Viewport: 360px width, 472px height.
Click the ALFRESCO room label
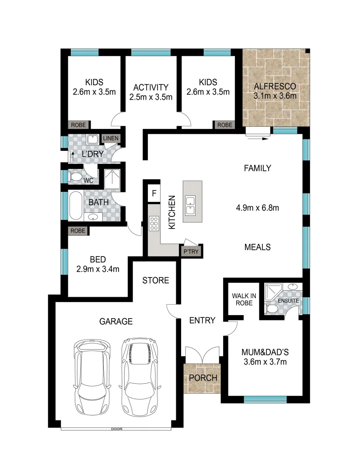(x=275, y=86)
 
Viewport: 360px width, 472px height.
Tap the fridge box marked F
(x=154, y=193)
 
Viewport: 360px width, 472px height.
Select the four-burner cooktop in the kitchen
(x=154, y=223)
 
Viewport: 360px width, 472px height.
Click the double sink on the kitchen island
(x=190, y=206)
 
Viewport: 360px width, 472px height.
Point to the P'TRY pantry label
(x=191, y=251)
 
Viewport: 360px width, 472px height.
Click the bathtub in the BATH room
(x=76, y=206)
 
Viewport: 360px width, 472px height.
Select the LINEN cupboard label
(x=111, y=139)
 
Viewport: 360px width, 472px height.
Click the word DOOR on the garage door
(x=116, y=429)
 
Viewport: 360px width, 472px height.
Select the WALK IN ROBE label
(x=242, y=299)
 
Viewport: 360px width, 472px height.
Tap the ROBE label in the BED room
(x=78, y=231)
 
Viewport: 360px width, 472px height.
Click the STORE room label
(x=155, y=280)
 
